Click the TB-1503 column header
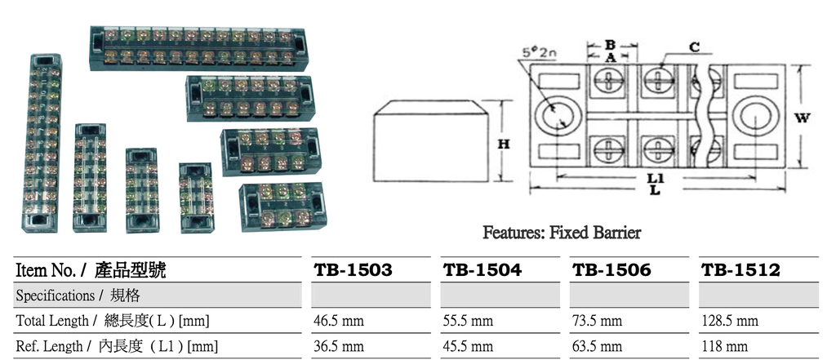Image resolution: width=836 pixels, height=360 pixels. (353, 269)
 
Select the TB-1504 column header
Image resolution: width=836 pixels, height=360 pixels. (482, 269)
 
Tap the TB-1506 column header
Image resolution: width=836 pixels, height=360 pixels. (611, 269)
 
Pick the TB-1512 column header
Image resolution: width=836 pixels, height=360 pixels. (740, 269)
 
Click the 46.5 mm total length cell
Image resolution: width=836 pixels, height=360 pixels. (338, 321)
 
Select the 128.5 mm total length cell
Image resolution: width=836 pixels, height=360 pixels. (730, 321)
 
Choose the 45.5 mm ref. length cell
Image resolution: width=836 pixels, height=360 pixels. (468, 346)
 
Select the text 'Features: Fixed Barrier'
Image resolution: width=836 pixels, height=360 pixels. (562, 233)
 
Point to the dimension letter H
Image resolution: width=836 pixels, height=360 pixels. (504, 144)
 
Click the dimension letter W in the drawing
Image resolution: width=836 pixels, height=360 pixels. (802, 118)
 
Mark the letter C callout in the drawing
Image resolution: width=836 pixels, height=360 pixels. (693, 48)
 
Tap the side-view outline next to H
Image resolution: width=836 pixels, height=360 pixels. (427, 142)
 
